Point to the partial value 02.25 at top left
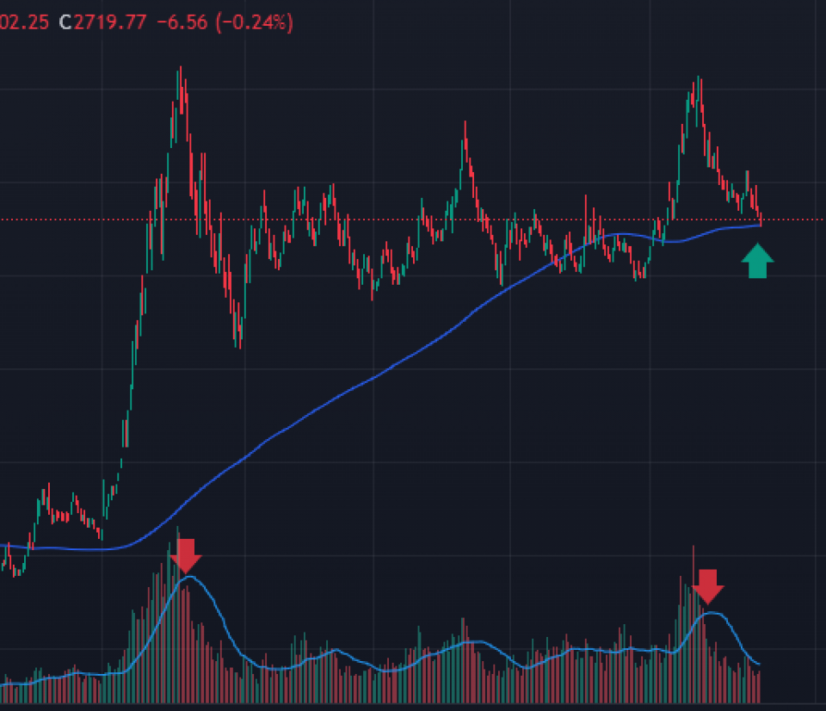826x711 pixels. [x=23, y=22]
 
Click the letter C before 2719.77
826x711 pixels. [x=65, y=22]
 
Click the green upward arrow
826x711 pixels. [x=757, y=261]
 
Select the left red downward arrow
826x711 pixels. [x=186, y=555]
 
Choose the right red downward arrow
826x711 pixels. [x=708, y=585]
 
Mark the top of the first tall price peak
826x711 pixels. [x=179, y=69]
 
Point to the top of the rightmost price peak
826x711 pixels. [x=700, y=79]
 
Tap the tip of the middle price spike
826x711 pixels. [x=465, y=123]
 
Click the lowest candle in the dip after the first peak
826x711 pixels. [x=238, y=344]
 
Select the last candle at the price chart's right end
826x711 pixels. [x=761, y=220]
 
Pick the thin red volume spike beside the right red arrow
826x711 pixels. [x=693, y=560]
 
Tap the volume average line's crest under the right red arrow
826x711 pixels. [x=710, y=612]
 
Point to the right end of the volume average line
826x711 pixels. [x=759, y=664]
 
